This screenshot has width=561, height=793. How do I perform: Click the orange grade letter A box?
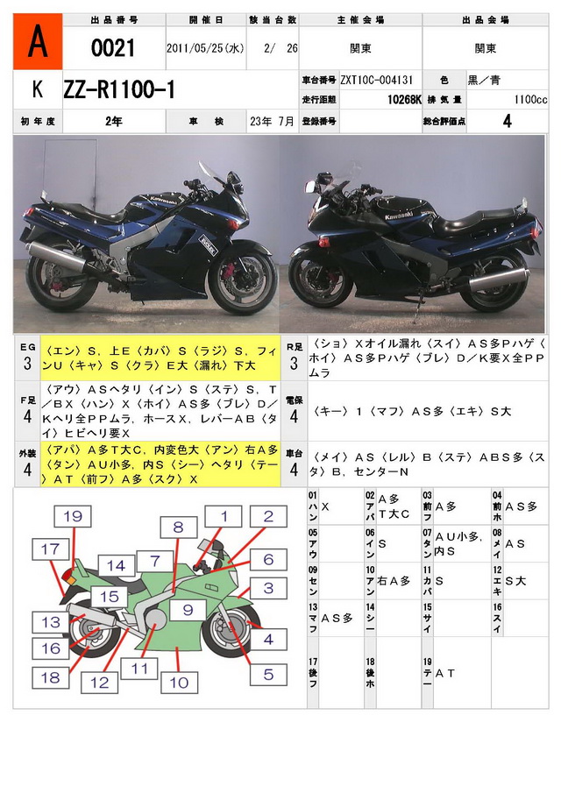pos(38,41)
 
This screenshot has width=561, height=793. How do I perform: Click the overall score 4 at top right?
pos(507,122)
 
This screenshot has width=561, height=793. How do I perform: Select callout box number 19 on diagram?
pos(72,517)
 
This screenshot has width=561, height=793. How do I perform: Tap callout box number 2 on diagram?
pos(268,516)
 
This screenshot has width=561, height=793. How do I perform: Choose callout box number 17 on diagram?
pos(52,549)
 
